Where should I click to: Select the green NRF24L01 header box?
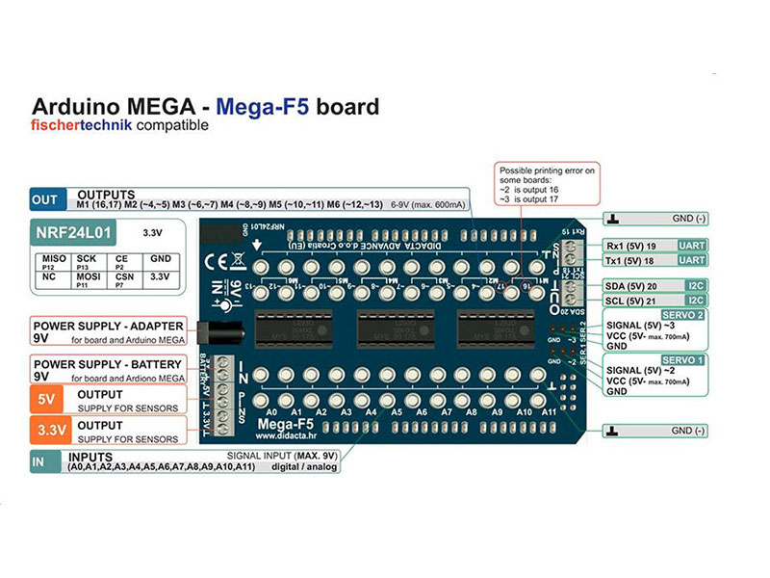pyautogui.click(x=75, y=232)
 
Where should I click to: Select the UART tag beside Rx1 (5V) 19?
pyautogui.click(x=693, y=246)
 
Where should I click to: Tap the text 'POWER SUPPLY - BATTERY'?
pyautogui.click(x=108, y=363)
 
